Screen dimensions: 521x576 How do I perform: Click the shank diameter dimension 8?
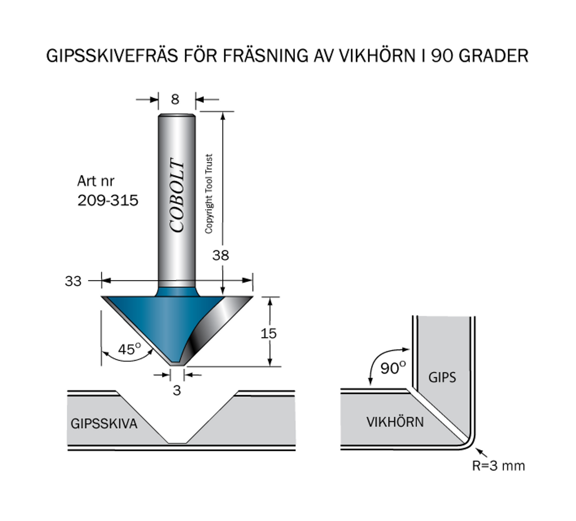[175, 100]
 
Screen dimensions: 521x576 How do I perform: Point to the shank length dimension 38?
[220, 255]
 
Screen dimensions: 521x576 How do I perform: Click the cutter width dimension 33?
[73, 281]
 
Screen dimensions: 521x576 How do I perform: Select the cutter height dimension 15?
[269, 333]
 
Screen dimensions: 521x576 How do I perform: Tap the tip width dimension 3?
[177, 390]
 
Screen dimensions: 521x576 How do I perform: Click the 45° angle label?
[129, 349]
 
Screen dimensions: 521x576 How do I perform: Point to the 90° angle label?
[393, 369]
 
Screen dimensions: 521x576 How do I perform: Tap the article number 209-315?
[107, 200]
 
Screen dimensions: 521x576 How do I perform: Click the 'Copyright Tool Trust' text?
[209, 194]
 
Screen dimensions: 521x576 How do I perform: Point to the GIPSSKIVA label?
[104, 424]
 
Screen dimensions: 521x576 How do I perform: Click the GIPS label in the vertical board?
[443, 378]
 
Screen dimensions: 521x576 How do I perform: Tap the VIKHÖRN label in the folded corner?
[395, 421]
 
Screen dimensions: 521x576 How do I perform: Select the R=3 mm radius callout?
[499, 465]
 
